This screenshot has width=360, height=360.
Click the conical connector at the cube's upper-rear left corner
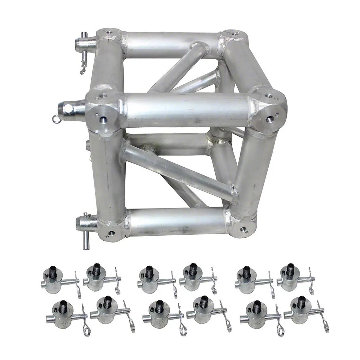tap(84, 42)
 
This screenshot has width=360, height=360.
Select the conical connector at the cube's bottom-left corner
tap(86, 224)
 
